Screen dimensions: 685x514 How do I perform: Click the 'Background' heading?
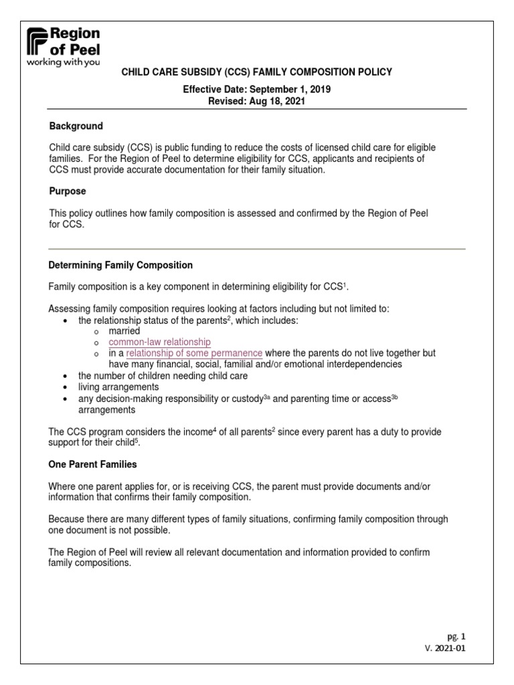pyautogui.click(x=76, y=126)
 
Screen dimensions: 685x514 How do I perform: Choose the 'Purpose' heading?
pyautogui.click(x=68, y=191)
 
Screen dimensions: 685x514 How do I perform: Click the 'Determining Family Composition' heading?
pyautogui.click(x=121, y=265)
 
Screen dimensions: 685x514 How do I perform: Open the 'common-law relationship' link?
pyautogui.click(x=159, y=342)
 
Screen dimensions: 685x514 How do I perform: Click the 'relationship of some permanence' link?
pyautogui.click(x=194, y=353)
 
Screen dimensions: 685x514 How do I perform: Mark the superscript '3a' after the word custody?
pyautogui.click(x=265, y=396)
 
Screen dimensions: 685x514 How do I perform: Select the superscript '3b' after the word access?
pyautogui.click(x=395, y=396)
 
